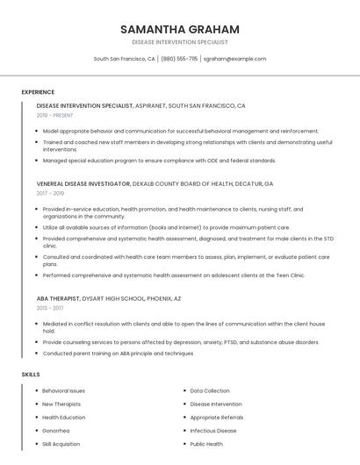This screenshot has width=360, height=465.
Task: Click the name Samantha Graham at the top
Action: click(179, 29)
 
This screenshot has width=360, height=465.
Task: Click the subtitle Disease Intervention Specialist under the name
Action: click(179, 42)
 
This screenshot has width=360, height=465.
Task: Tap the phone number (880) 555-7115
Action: click(179, 59)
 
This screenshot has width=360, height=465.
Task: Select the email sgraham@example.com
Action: click(234, 59)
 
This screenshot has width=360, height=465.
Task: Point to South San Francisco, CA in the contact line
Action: click(124, 59)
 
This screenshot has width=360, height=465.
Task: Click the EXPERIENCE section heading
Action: click(38, 92)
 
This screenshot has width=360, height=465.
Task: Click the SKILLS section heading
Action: click(31, 375)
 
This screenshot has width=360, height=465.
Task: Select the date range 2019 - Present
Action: click(54, 115)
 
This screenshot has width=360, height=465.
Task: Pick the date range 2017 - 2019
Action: click(50, 193)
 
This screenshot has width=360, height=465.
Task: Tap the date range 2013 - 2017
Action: click(50, 308)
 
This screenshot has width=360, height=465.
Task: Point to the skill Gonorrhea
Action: click(55, 431)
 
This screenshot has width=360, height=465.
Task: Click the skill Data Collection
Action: click(210, 390)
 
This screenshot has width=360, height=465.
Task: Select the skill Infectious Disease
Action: click(213, 431)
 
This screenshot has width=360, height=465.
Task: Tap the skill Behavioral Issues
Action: click(63, 390)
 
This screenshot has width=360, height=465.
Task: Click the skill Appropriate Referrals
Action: click(217, 418)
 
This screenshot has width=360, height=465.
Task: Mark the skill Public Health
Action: click(206, 444)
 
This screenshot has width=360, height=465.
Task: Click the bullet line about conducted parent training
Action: click(118, 353)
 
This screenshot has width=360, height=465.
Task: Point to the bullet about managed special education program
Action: click(159, 161)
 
